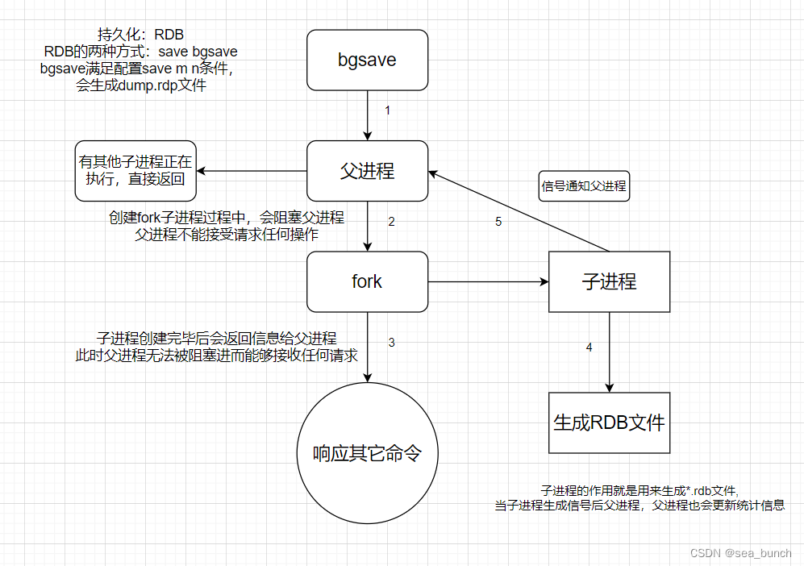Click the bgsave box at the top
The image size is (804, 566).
pyautogui.click(x=367, y=60)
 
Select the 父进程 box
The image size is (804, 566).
pyautogui.click(x=367, y=171)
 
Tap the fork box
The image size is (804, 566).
pyautogui.click(x=367, y=281)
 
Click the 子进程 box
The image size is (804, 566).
pyautogui.click(x=609, y=281)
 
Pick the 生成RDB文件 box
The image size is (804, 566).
pyautogui.click(x=609, y=422)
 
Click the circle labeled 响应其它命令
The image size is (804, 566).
pyautogui.click(x=367, y=453)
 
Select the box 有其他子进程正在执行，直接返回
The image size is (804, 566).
pyautogui.click(x=135, y=171)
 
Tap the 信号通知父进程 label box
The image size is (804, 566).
pyautogui.click(x=584, y=186)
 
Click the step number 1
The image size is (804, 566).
pyautogui.click(x=387, y=110)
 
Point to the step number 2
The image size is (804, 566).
pyautogui.click(x=391, y=222)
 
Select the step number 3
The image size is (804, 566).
pyautogui.click(x=391, y=343)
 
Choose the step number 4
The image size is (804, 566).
pyautogui.click(x=589, y=348)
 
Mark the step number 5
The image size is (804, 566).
pyautogui.click(x=498, y=222)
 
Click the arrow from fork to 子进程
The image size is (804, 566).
pyautogui.click(x=488, y=281)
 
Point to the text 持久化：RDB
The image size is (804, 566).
pyautogui.click(x=140, y=35)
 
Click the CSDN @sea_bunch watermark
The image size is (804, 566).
pyautogui.click(x=741, y=553)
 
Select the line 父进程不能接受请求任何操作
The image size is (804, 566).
pyautogui.click(x=227, y=235)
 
